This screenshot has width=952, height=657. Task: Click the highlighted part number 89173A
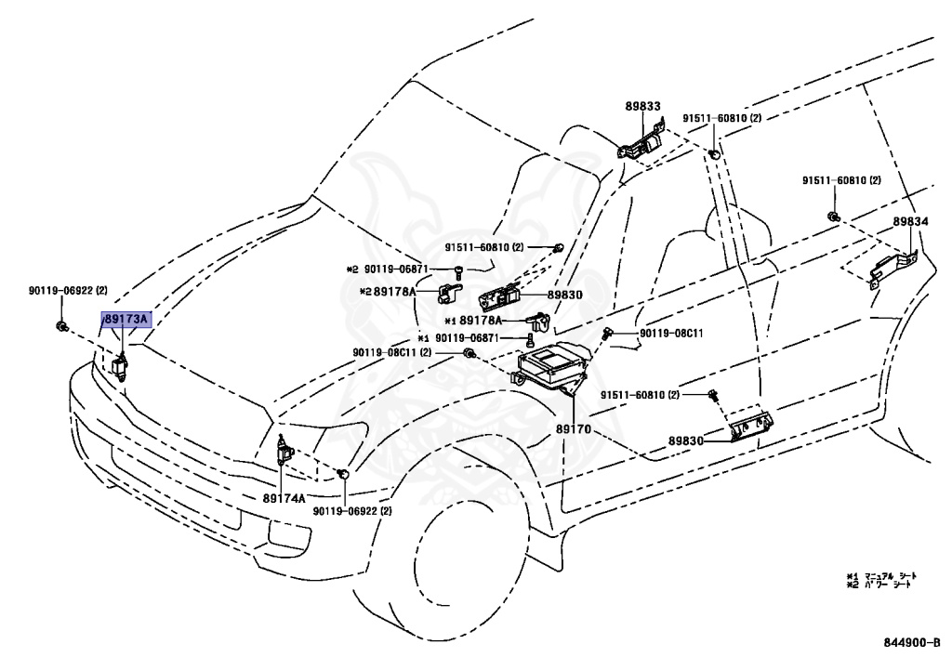(x=125, y=321)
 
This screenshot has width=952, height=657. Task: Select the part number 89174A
(x=284, y=498)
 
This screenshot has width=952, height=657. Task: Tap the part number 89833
(x=641, y=107)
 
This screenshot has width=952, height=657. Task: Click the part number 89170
(x=574, y=430)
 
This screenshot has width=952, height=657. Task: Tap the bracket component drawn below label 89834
(x=892, y=269)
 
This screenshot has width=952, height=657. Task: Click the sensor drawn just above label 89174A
(x=285, y=453)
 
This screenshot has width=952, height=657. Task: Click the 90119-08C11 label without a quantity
(x=669, y=333)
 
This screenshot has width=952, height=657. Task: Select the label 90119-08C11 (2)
(x=405, y=352)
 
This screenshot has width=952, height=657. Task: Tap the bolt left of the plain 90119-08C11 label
(x=608, y=333)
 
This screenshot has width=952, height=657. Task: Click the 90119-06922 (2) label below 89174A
(x=352, y=511)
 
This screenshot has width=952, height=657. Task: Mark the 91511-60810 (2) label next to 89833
(x=722, y=119)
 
